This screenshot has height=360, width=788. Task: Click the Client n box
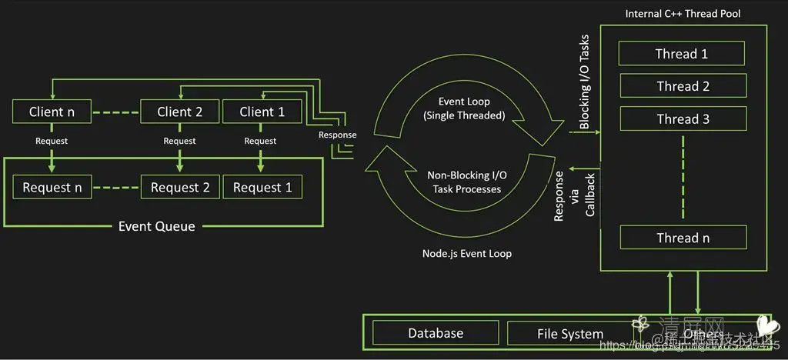coord(52,112)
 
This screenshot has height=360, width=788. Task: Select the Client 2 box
coord(180,112)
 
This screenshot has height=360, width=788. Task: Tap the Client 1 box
coord(262,112)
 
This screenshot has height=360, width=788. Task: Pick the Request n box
coord(52,187)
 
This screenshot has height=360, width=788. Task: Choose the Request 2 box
coord(180,187)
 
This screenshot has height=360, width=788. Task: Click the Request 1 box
coord(262,187)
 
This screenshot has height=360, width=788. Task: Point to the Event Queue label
coord(156,226)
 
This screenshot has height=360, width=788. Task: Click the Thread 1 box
coord(682,54)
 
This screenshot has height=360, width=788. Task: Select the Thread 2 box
coord(683,86)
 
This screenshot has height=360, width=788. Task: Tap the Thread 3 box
coord(683,118)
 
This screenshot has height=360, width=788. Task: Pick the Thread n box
coord(683,238)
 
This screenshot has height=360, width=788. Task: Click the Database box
coord(436,333)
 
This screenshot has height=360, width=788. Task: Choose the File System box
coord(570,334)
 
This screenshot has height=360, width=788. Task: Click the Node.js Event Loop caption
coord(466,253)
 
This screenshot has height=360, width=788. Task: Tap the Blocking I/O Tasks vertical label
coord(584,82)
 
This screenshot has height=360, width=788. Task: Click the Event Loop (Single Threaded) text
coord(464,108)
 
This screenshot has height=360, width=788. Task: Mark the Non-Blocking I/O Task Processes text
coord(464,182)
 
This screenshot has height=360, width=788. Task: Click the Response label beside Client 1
coord(338,135)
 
